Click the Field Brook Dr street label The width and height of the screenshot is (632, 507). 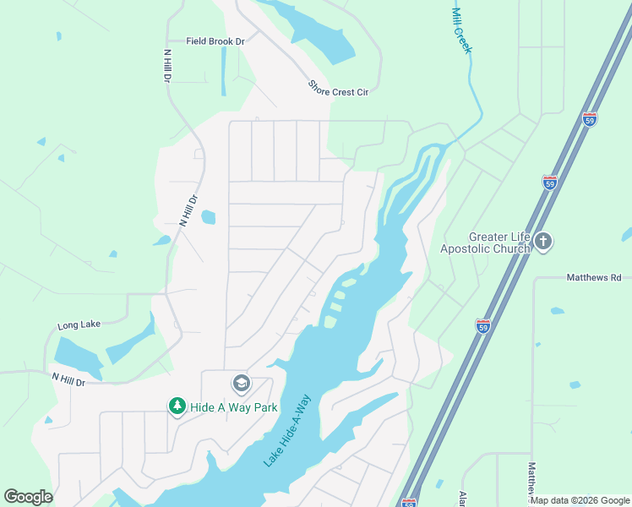(215, 41)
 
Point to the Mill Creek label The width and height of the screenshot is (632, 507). (461, 30)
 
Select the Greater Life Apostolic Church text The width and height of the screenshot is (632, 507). (485, 243)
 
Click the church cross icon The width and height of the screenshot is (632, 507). (542, 243)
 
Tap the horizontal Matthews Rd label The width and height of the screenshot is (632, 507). (593, 277)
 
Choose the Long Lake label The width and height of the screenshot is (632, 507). (79, 325)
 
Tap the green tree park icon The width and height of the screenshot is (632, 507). (177, 407)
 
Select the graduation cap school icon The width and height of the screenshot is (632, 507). (241, 384)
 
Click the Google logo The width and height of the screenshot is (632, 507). (28, 497)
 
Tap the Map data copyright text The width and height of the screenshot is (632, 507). (580, 500)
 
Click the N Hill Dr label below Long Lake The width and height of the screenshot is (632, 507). (69, 380)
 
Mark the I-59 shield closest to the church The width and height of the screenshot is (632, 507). (549, 183)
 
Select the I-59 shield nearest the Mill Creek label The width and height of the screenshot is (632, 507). (589, 119)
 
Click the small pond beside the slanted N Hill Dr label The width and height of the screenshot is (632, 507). (208, 217)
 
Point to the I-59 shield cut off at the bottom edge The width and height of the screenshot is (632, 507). (409, 502)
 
